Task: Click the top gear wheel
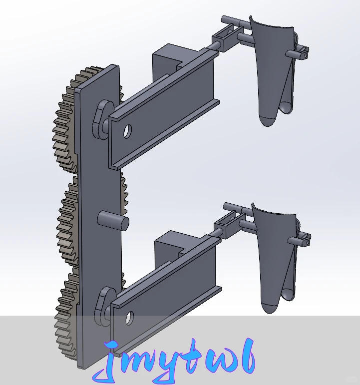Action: click(64, 120)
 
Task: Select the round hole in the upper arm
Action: click(127, 131)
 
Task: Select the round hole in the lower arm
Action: click(130, 317)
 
